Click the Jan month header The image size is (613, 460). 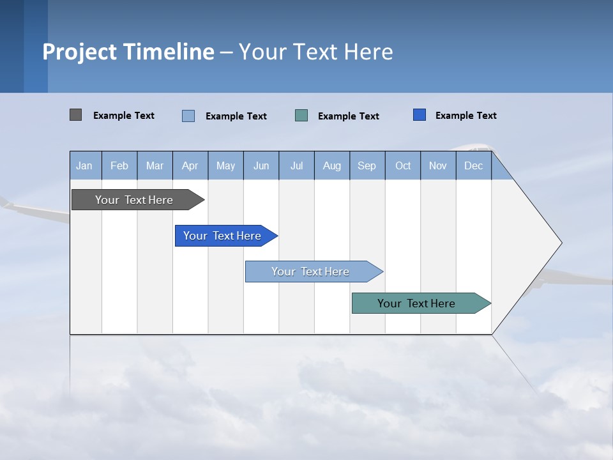(x=84, y=166)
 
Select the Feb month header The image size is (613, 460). (x=119, y=166)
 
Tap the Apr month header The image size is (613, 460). (x=190, y=166)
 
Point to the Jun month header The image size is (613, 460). (x=261, y=166)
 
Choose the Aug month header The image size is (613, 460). (x=331, y=166)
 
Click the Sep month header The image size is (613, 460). (x=367, y=166)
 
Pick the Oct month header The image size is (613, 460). (x=403, y=166)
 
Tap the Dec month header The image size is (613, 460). (x=473, y=166)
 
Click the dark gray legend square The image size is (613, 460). (x=75, y=115)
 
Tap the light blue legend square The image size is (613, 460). (x=188, y=116)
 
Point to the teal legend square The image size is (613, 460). (x=301, y=115)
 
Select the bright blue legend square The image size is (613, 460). (x=420, y=115)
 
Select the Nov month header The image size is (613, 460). (x=438, y=166)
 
